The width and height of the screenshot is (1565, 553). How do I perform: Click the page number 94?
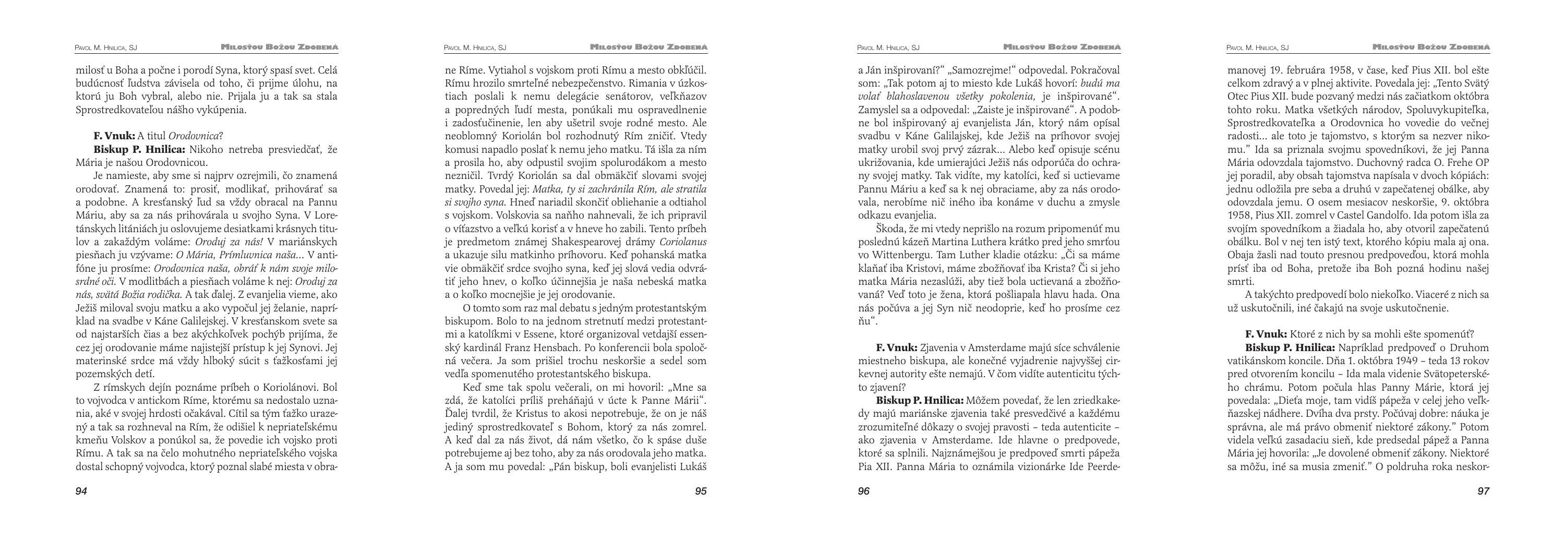(x=81, y=491)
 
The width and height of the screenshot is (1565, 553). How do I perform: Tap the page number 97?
(x=1483, y=491)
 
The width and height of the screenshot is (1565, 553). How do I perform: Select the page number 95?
(x=701, y=491)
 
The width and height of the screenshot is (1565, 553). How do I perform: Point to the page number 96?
(x=864, y=491)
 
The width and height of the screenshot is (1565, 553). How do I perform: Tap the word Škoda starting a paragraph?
(x=890, y=229)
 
